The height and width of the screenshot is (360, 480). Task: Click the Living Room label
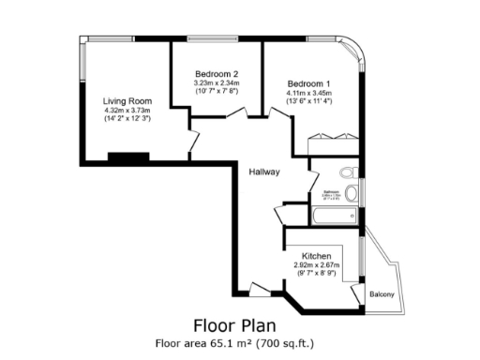(127, 101)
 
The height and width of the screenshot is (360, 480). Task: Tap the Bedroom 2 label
(217, 74)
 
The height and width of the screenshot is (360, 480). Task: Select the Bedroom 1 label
(308, 83)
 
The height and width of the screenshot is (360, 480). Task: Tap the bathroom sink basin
(351, 193)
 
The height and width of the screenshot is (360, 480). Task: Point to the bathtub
(333, 217)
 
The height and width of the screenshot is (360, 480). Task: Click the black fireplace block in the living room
(127, 157)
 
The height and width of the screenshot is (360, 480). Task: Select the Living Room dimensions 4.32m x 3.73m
(127, 111)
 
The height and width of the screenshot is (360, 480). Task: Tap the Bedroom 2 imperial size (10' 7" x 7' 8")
(217, 92)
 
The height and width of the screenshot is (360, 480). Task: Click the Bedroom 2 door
(238, 113)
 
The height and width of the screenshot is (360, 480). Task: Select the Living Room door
(194, 142)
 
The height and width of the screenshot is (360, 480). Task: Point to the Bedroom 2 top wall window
(216, 38)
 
